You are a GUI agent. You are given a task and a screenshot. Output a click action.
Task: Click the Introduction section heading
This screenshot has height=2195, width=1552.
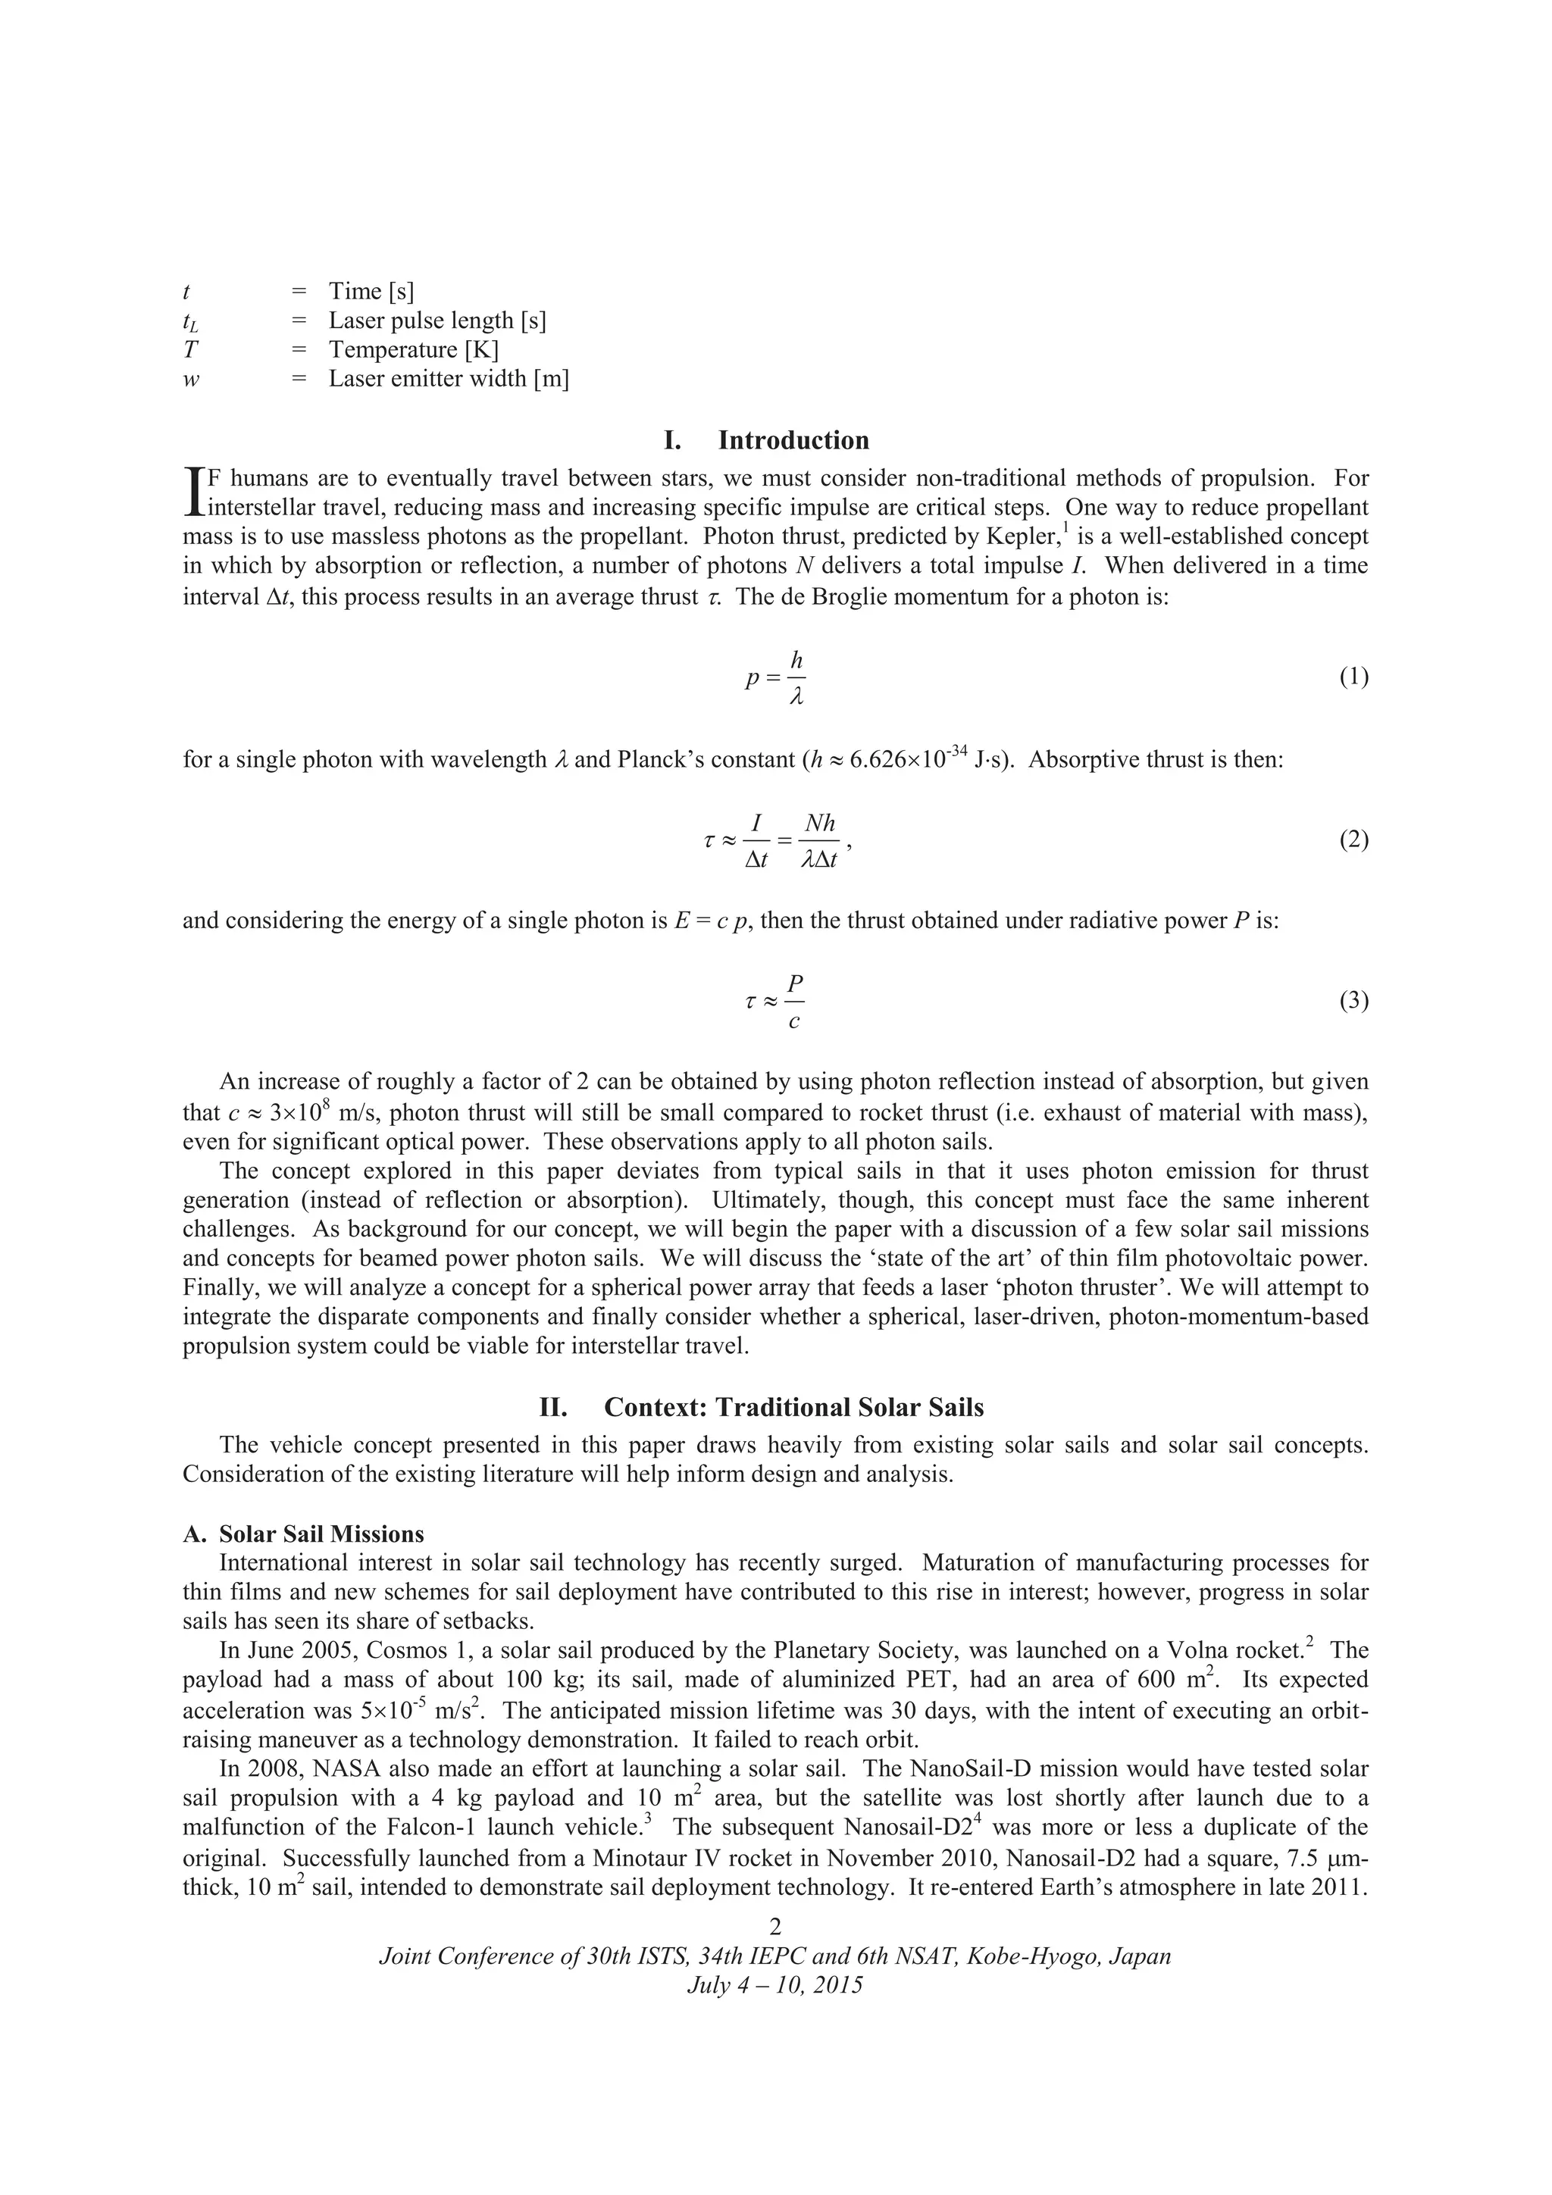tap(766, 441)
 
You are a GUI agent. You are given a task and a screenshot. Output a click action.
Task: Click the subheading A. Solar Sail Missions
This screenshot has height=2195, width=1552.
tap(303, 1534)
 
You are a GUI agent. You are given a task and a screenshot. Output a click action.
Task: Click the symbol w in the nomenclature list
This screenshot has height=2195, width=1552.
tap(191, 380)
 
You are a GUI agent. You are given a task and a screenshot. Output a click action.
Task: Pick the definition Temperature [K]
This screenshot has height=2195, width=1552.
tap(413, 350)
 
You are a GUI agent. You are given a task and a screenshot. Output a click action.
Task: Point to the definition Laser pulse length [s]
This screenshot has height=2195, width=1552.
tap(437, 320)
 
